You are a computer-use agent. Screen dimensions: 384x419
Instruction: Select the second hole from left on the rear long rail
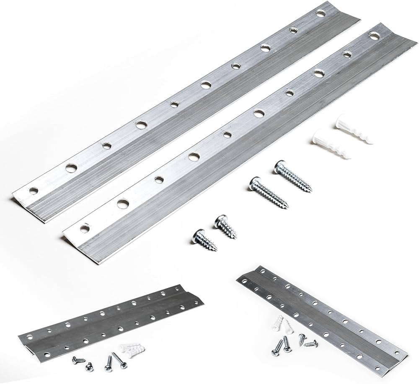pos(71,168)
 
